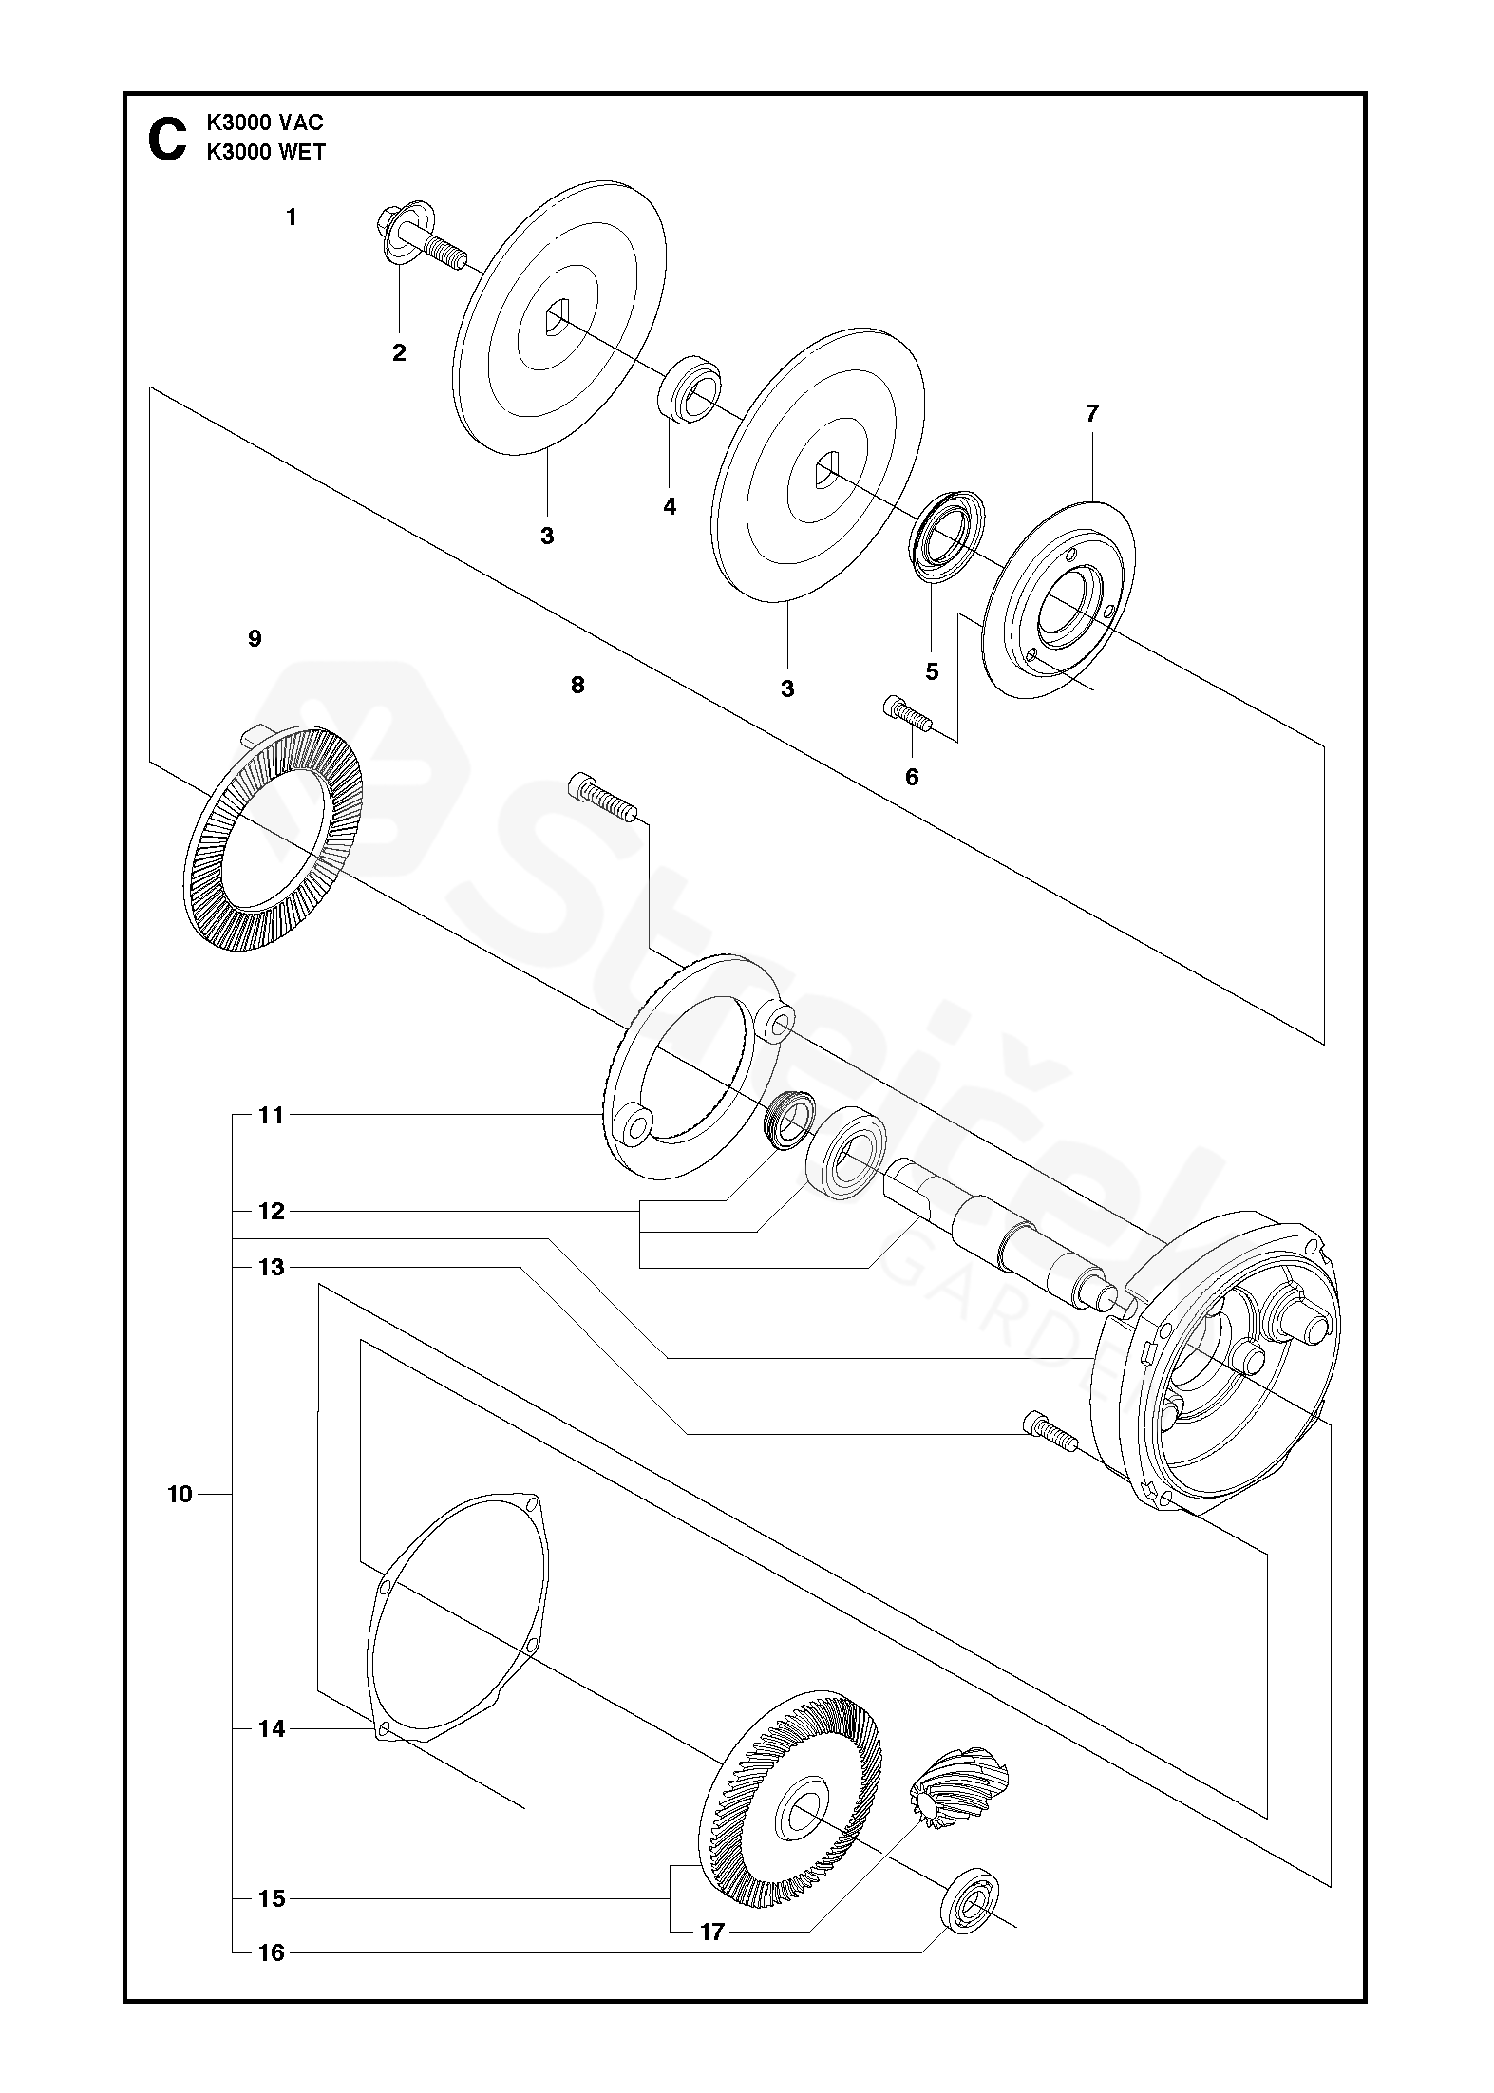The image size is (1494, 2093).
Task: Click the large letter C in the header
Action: pyautogui.click(x=167, y=140)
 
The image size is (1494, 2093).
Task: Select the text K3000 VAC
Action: pyautogui.click(x=265, y=123)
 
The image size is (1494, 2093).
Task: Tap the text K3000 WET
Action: pyautogui.click(x=265, y=152)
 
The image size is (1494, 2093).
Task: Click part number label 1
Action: pyautogui.click(x=292, y=217)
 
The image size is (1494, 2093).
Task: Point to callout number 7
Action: pyautogui.click(x=1091, y=413)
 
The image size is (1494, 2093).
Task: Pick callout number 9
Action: pyautogui.click(x=255, y=638)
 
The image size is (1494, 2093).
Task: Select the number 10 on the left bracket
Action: pyautogui.click(x=180, y=1495)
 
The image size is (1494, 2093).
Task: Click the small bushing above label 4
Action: pyautogui.click(x=689, y=387)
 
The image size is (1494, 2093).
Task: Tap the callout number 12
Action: pyautogui.click(x=272, y=1212)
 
